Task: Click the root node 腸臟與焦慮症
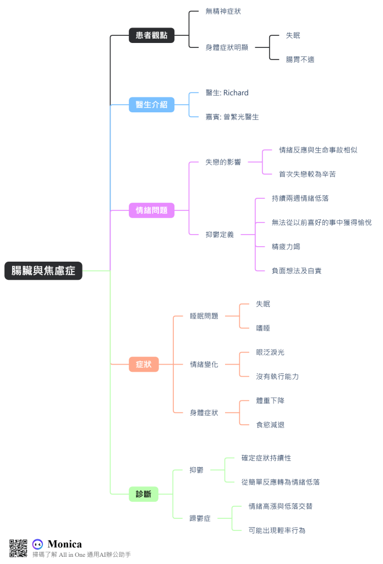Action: (x=43, y=270)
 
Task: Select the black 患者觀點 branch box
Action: (x=151, y=36)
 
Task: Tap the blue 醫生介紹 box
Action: (x=151, y=104)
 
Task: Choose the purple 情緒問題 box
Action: (x=151, y=210)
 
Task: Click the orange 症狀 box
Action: (x=144, y=364)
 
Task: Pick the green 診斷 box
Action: (x=144, y=494)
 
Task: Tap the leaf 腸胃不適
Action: (x=300, y=59)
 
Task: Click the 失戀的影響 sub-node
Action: (x=223, y=162)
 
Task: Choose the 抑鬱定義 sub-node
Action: (x=220, y=234)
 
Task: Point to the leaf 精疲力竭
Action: (x=286, y=246)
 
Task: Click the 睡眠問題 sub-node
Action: (x=204, y=316)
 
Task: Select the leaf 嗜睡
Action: (x=263, y=328)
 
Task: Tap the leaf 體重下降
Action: (x=270, y=400)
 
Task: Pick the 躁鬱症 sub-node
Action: (x=200, y=518)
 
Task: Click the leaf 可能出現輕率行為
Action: (x=277, y=530)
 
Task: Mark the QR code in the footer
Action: (x=18, y=548)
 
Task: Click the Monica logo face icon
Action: (x=37, y=544)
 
